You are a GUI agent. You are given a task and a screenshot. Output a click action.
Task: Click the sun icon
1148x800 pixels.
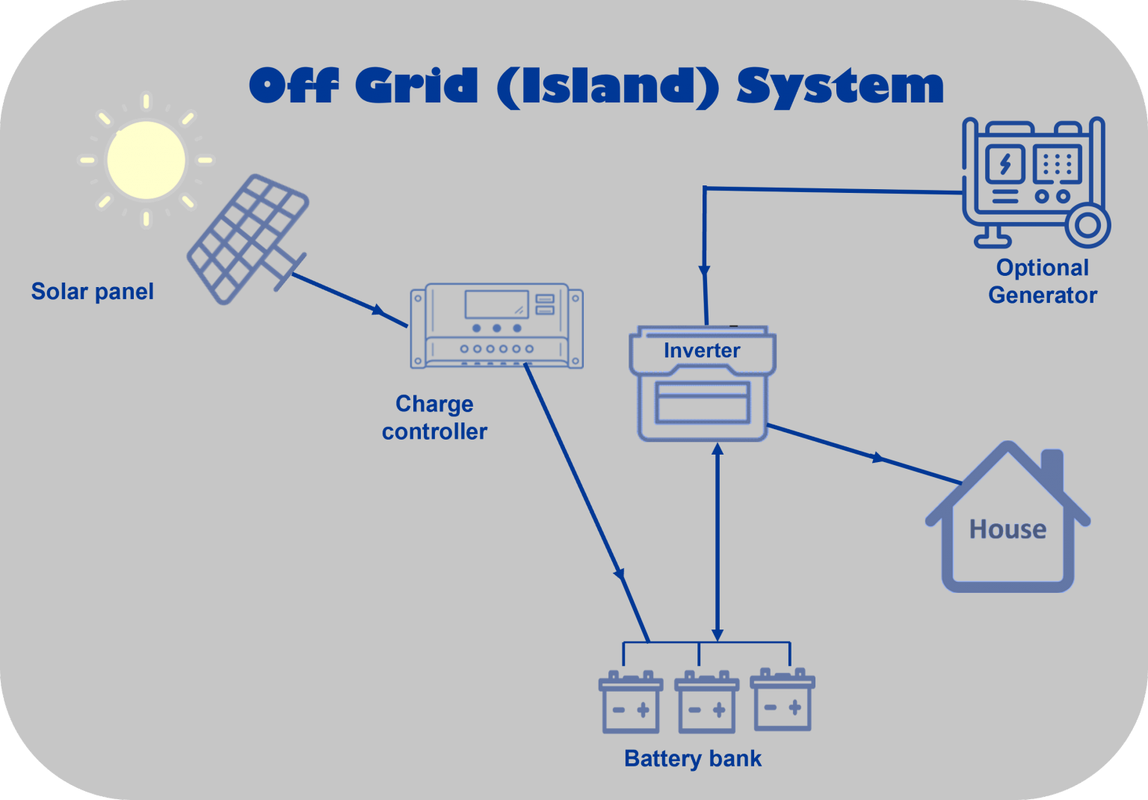click(146, 159)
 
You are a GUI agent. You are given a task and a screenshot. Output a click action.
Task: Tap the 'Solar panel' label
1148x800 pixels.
click(92, 291)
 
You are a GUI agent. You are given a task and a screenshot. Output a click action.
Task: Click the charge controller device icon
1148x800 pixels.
click(496, 326)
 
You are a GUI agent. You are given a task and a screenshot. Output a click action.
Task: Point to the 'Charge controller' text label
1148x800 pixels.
click(434, 417)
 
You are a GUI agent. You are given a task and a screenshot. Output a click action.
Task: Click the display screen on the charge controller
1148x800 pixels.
click(496, 304)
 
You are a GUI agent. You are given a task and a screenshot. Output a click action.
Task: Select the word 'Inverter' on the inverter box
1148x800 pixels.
click(702, 350)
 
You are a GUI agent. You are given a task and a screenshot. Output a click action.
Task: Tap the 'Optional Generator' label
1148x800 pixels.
click(1042, 281)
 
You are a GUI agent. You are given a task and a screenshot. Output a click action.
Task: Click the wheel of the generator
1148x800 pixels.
click(1087, 224)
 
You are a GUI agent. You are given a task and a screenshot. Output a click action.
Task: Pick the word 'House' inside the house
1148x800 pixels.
click(1007, 529)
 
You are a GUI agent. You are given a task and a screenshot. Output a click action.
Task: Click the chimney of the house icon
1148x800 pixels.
click(1052, 467)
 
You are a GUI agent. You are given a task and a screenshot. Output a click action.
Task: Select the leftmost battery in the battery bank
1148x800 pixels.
click(630, 703)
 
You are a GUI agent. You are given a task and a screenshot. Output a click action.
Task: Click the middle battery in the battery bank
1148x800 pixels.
click(706, 703)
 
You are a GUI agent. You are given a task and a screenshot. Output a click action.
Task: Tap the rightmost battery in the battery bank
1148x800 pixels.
click(783, 701)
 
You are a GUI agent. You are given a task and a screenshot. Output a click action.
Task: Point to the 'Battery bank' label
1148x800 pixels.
click(692, 758)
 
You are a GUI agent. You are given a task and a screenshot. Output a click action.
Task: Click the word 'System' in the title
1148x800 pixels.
click(839, 85)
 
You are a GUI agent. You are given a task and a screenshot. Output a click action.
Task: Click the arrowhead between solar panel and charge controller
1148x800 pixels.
click(379, 310)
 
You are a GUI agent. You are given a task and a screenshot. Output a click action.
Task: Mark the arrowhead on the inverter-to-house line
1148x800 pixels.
click(879, 458)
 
